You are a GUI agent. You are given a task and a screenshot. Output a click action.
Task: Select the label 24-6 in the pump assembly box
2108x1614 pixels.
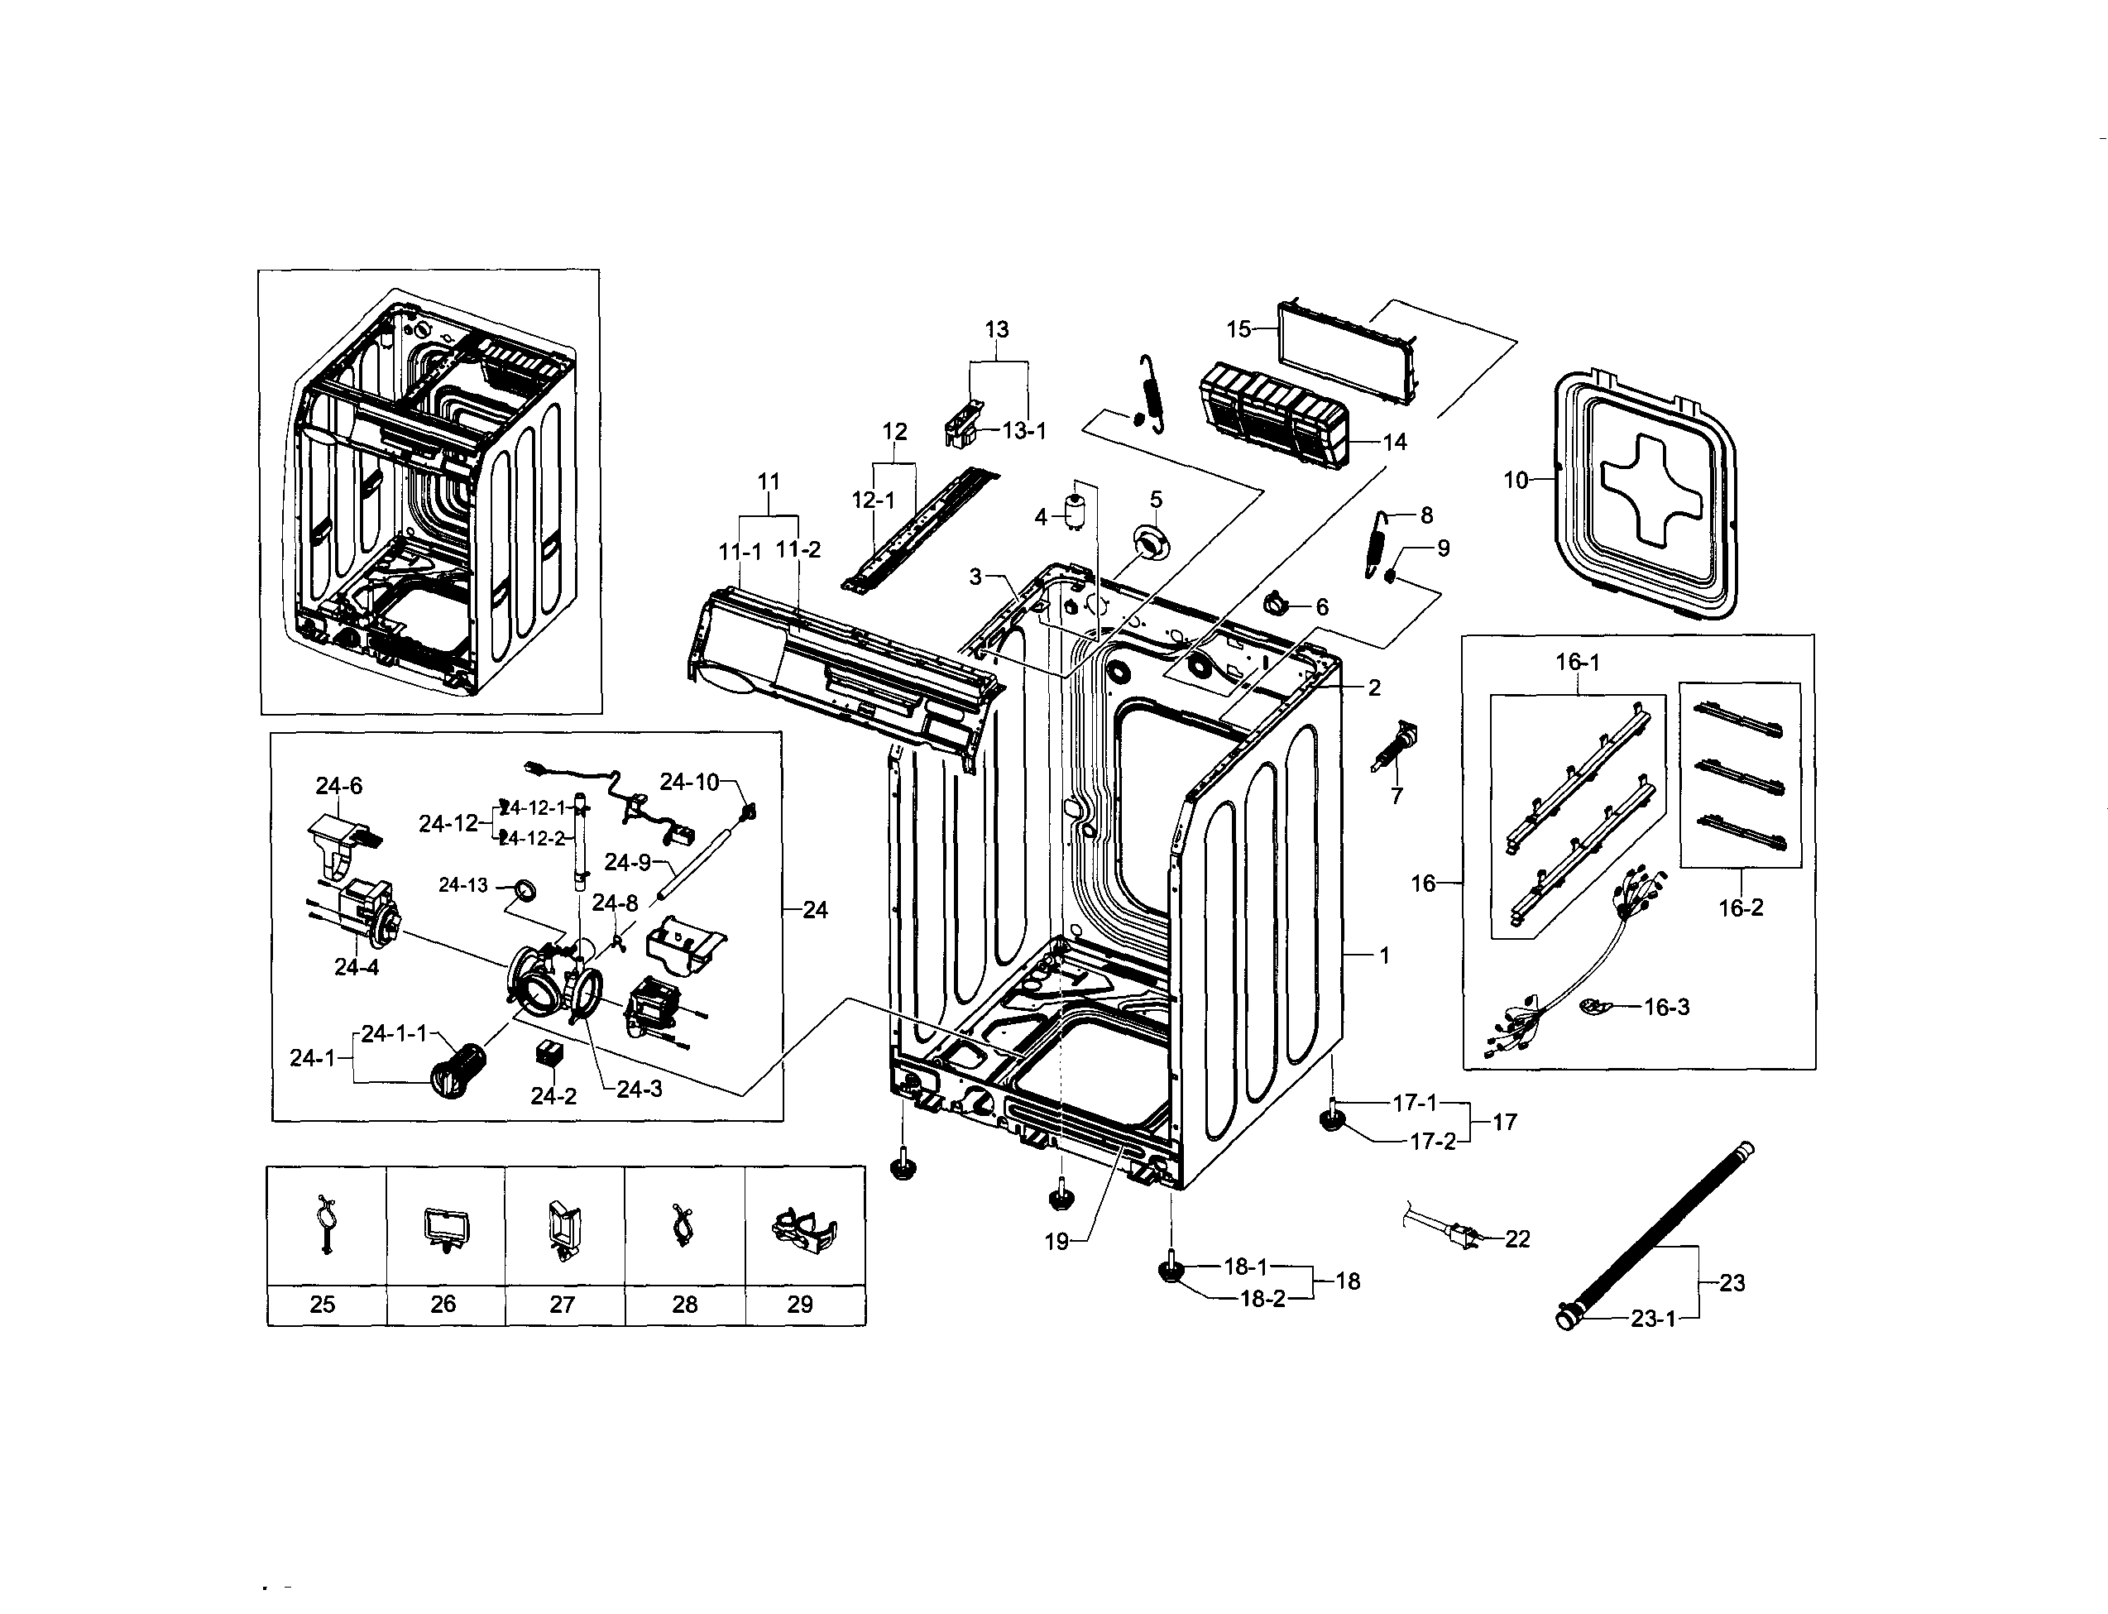coord(338,786)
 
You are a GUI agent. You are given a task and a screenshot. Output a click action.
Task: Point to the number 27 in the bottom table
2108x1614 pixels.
coord(562,1304)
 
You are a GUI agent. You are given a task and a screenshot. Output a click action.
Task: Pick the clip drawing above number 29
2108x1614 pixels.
coord(804,1231)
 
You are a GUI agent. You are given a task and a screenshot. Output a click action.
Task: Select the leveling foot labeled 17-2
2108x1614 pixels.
coord(1330,1121)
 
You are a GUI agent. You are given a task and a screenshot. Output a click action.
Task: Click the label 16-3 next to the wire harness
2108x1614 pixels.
coord(1666,1007)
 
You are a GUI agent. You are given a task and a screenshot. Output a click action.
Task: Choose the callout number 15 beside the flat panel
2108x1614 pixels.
coord(1238,329)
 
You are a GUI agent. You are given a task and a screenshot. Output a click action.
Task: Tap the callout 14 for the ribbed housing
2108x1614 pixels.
coord(1394,442)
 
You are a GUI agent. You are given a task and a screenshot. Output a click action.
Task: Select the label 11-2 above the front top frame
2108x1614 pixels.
coord(798,549)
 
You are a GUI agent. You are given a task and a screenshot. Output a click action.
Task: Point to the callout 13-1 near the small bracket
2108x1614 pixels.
coord(1023,430)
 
